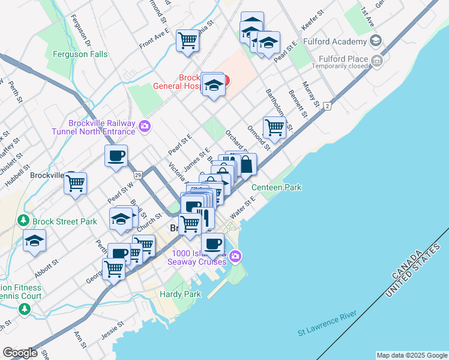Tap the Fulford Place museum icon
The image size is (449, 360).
click(x=377, y=60)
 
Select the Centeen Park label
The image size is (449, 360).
click(x=276, y=188)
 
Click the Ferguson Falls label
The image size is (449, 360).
click(x=80, y=55)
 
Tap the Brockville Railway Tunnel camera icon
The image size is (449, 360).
click(x=145, y=126)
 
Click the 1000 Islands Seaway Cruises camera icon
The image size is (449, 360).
click(x=235, y=257)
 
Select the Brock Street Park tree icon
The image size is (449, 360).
click(x=24, y=221)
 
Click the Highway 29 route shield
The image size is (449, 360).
click(x=137, y=175)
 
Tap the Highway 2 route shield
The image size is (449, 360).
click(x=327, y=106)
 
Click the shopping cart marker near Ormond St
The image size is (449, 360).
click(x=274, y=127)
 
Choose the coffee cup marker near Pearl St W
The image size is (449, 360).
click(x=116, y=155)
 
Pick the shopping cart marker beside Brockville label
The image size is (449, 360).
click(x=75, y=183)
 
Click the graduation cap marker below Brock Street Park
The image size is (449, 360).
click(x=34, y=242)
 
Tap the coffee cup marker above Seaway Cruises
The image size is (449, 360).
click(x=212, y=244)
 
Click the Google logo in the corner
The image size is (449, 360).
click(x=20, y=353)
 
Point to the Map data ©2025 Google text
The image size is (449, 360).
click(x=412, y=355)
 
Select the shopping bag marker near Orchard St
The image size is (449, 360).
click(x=246, y=164)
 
